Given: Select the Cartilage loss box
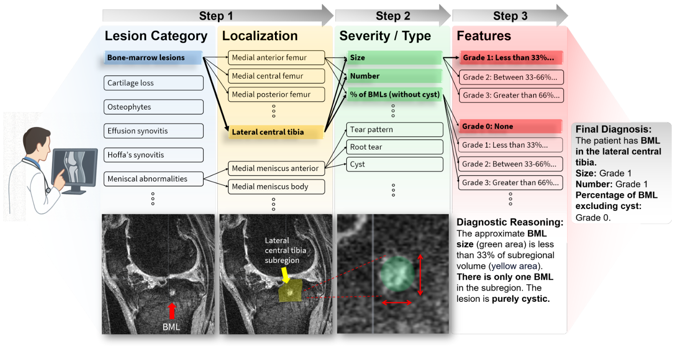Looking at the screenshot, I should click(154, 83).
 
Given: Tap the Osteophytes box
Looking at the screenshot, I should click(154, 107).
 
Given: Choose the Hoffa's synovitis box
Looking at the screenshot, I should click(154, 155).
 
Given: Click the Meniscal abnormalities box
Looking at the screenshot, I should click(154, 179).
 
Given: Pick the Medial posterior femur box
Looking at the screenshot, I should click(276, 94).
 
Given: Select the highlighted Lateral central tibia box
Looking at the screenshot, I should click(276, 132).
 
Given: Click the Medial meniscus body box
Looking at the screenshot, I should click(276, 187).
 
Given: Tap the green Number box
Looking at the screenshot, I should click(394, 76).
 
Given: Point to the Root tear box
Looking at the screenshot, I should click(394, 147).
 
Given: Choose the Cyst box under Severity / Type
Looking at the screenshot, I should click(394, 164).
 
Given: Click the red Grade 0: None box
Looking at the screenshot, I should click(511, 126).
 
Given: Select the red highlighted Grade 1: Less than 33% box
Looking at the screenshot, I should click(511, 58).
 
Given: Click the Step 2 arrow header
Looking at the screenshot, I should click(393, 15).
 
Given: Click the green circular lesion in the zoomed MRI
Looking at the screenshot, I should click(397, 273).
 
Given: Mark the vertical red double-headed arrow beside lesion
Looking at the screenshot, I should click(420, 275).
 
